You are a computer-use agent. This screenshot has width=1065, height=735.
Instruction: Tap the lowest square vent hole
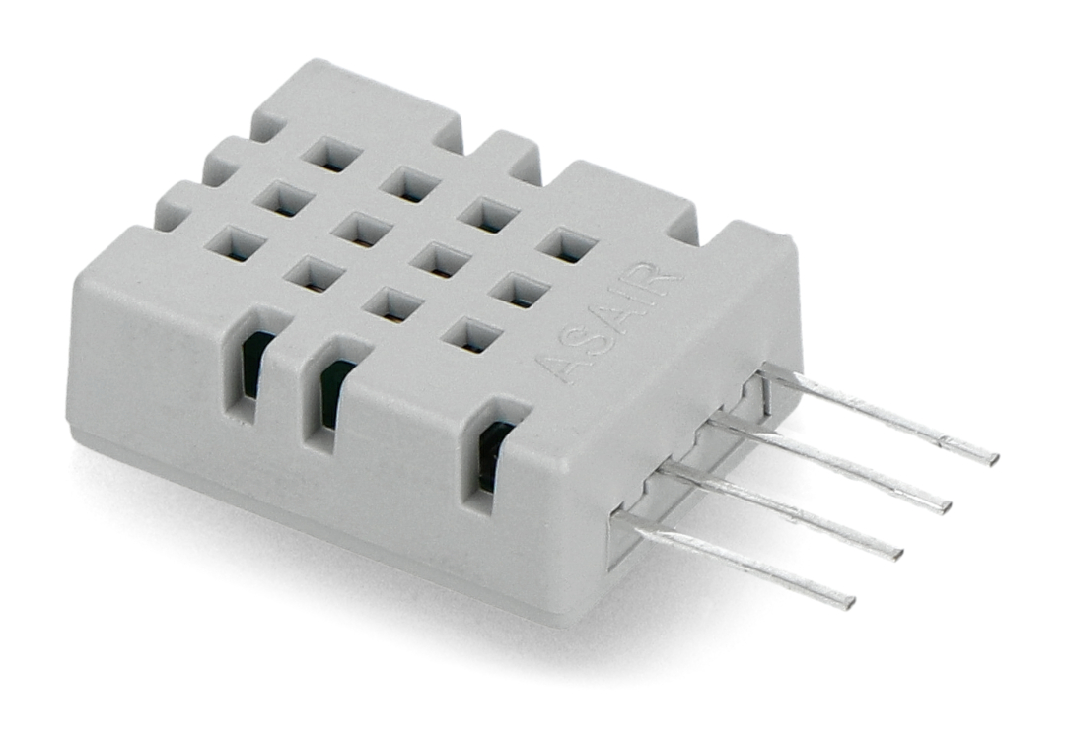[x=472, y=335]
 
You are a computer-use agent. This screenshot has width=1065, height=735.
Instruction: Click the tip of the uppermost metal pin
[x=994, y=459]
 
